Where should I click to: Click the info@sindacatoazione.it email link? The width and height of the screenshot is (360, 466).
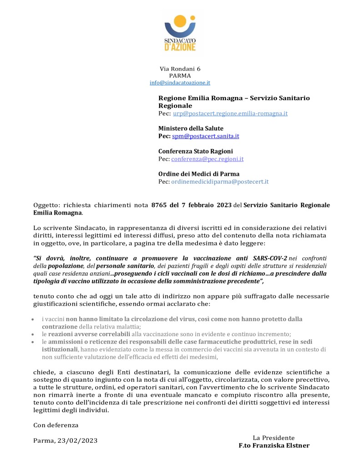(180, 83)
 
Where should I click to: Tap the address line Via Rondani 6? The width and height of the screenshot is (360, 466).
(180, 69)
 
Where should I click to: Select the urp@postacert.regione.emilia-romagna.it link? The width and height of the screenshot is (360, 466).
(230, 113)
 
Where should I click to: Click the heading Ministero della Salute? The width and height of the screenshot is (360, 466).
(191, 128)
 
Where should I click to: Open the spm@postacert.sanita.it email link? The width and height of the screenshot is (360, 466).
(206, 136)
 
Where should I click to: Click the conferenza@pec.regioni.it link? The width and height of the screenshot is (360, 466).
(208, 159)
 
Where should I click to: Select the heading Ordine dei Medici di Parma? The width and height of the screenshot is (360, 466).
(199, 174)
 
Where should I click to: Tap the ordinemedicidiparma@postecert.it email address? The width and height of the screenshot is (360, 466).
(220, 182)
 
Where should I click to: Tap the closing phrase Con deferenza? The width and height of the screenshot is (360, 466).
(56, 425)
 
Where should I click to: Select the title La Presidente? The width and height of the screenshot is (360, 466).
(274, 438)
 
